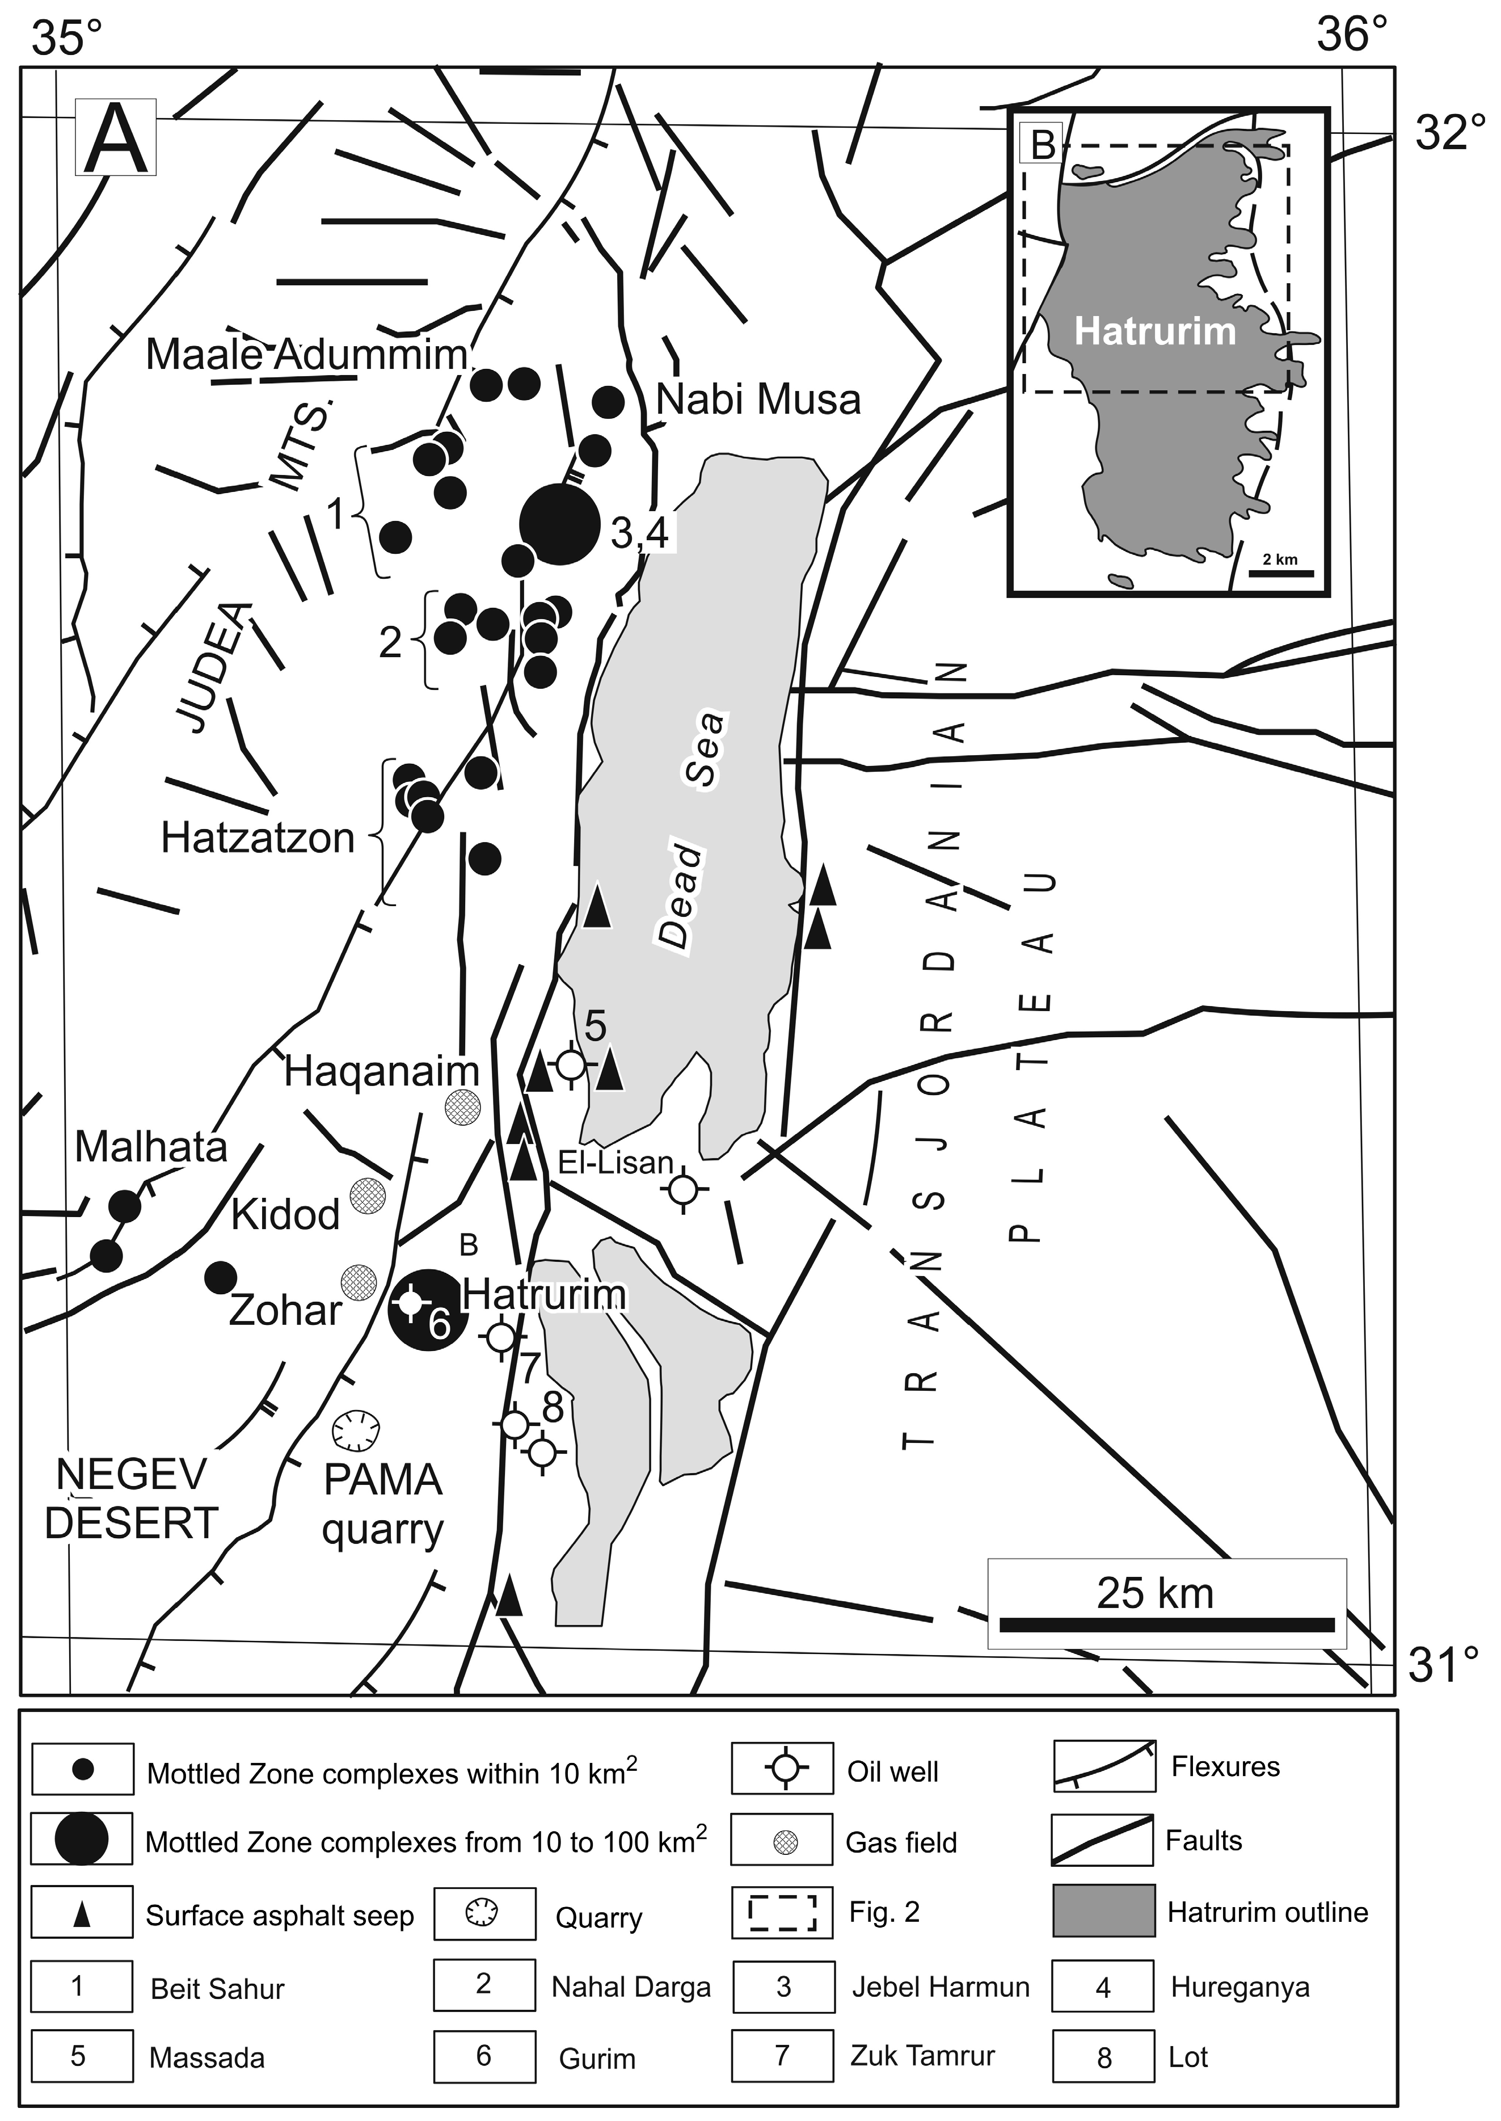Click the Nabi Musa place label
pos(758,401)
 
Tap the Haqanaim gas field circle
pos(463,1106)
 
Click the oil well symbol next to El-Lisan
pos(684,1190)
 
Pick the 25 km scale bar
pos(1166,1625)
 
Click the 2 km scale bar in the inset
pos(1280,573)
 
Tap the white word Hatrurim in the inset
pos(1154,331)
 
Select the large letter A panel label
pos(116,138)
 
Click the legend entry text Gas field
pos(901,1843)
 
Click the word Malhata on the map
pos(151,1147)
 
